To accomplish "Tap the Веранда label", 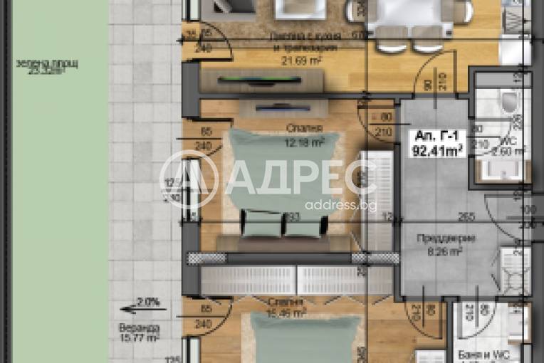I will (135, 327).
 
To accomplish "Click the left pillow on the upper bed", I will (256, 222).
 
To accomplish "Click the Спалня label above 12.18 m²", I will (304, 129).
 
